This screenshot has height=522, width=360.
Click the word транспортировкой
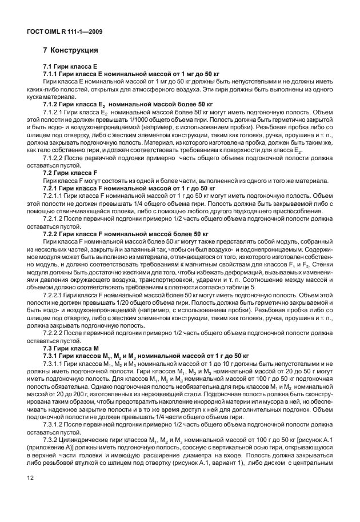[x=171, y=278]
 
